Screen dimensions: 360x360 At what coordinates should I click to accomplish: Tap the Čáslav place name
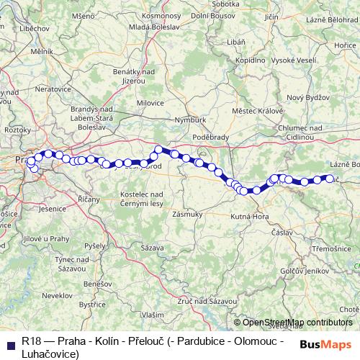pyautogui.click(x=282, y=233)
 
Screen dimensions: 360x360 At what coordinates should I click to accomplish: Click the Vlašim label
pyautogui.click(x=152, y=315)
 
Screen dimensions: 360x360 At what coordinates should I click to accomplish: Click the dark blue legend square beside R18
pyautogui.click(x=9, y=340)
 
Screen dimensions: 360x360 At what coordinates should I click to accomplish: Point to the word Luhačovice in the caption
pyautogui.click(x=50, y=353)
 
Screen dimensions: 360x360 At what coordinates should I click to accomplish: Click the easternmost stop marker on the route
pyautogui.click(x=330, y=178)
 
